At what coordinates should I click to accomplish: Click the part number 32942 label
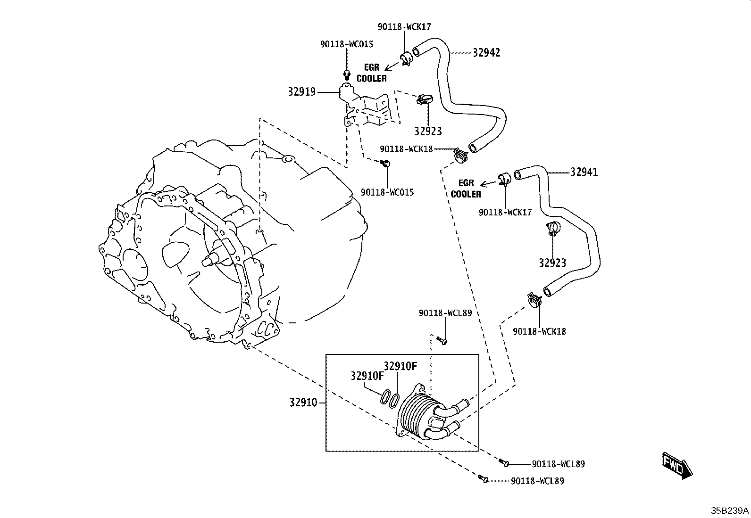coord(486,53)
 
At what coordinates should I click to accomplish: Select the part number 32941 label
coord(584,172)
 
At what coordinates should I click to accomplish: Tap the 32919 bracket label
coord(302,91)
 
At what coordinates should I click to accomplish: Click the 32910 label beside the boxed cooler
coord(303,402)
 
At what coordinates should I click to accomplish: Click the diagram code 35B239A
coord(730,510)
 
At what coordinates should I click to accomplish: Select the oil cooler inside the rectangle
coord(433,413)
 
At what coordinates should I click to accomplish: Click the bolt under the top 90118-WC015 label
coord(347,75)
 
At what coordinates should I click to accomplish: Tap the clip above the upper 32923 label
coord(424,99)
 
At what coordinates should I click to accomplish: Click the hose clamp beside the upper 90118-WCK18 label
coord(461,156)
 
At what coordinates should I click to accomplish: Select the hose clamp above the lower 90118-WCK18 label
coord(535,300)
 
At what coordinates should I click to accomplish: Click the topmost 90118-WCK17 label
coord(404,27)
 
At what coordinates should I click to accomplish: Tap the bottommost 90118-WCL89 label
coord(537,481)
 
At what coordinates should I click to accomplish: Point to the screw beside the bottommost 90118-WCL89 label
coord(483,479)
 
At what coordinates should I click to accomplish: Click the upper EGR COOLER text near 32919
coord(371,73)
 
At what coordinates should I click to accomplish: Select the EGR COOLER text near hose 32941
coord(466,189)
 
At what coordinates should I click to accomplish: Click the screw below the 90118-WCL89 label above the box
coord(442,341)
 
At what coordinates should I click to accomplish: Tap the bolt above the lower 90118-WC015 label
coord(385,163)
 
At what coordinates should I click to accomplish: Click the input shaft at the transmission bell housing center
coord(210,260)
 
